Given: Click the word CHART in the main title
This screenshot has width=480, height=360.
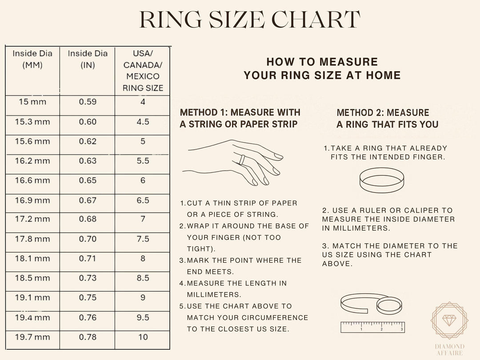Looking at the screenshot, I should [x=316, y=20].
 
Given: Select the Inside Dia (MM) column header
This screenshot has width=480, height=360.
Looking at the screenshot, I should [x=32, y=59].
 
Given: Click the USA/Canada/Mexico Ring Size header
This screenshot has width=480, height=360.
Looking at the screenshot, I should [x=143, y=71].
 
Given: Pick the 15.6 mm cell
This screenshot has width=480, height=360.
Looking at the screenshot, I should [x=32, y=141].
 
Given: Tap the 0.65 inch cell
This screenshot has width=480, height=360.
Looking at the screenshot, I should [x=88, y=180].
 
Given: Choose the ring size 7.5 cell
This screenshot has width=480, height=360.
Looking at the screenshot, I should [x=143, y=239].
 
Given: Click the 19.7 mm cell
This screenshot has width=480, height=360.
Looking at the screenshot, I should [x=32, y=337].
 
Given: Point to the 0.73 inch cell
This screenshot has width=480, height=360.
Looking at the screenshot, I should [x=88, y=278].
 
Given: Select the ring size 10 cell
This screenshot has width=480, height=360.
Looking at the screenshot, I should [x=143, y=337].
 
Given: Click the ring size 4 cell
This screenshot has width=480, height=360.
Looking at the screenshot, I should [x=143, y=102].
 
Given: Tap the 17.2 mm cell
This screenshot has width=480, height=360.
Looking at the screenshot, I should [x=32, y=220].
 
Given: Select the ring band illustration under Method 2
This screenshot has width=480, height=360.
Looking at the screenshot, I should [x=381, y=180].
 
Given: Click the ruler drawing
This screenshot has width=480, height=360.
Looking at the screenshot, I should [x=372, y=327].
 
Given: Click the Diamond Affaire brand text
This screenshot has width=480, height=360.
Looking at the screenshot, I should [x=449, y=350].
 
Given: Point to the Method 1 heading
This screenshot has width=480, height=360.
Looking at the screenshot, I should [x=240, y=118].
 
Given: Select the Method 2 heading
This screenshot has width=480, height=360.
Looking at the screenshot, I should [x=387, y=118].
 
